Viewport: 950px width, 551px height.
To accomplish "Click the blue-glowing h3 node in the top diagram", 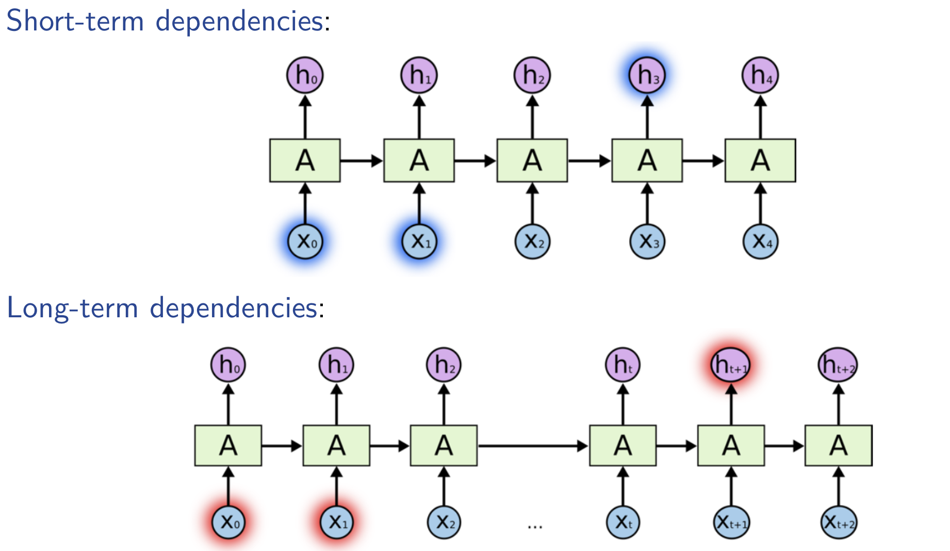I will (x=647, y=75).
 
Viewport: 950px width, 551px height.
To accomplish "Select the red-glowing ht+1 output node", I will (x=730, y=365).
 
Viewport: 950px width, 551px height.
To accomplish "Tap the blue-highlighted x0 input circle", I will (x=305, y=241).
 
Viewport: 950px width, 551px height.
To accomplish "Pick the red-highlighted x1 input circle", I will (x=337, y=522).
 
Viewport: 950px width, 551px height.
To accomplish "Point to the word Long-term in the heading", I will (x=72, y=309).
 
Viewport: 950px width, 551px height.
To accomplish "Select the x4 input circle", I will (x=760, y=241).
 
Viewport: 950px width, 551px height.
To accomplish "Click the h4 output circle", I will (x=760, y=75).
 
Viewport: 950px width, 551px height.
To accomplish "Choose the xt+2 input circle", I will (x=838, y=523).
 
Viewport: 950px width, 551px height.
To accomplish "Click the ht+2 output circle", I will (x=838, y=365).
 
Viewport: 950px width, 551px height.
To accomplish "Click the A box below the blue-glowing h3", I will (x=647, y=160).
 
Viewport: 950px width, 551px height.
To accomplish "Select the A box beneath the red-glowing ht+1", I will (x=730, y=446).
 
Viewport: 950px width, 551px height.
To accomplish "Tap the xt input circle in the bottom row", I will (x=623, y=522).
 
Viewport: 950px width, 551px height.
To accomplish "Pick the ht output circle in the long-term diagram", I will (x=623, y=365).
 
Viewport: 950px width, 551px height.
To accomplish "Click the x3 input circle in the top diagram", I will (x=647, y=241).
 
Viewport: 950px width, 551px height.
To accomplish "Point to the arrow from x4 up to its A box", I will (x=760, y=203).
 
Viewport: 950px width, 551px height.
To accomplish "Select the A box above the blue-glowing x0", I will (x=305, y=160).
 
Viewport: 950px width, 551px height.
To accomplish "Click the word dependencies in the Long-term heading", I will (x=233, y=309).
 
